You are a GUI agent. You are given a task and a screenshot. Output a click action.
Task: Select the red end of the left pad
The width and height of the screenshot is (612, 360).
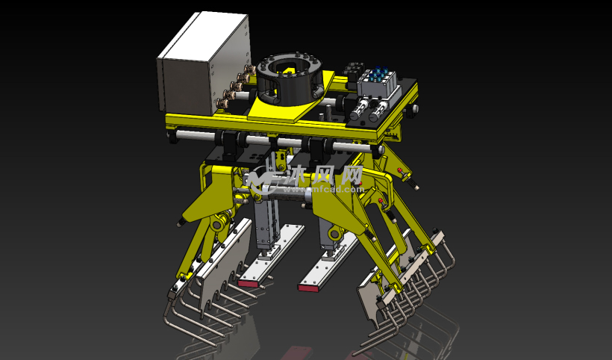[x=249, y=282]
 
